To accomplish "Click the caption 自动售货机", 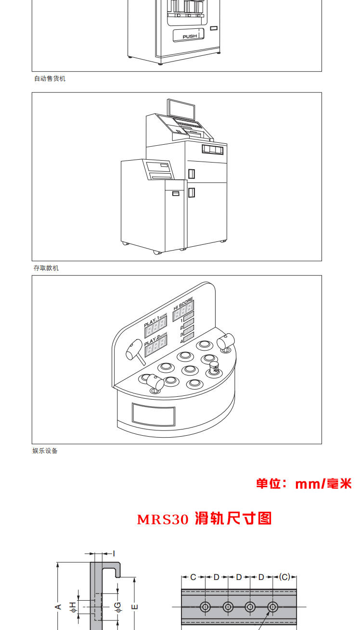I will click(50, 78).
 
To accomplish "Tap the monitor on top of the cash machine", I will click(182, 110).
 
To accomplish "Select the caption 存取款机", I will click(46, 268).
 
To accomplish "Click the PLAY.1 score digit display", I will click(156, 328).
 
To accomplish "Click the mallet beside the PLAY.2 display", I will click(134, 351).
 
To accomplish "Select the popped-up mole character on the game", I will click(214, 368).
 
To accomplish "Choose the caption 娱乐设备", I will click(45, 451).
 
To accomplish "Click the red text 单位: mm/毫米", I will click(304, 484).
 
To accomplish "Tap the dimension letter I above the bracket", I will click(114, 554).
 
